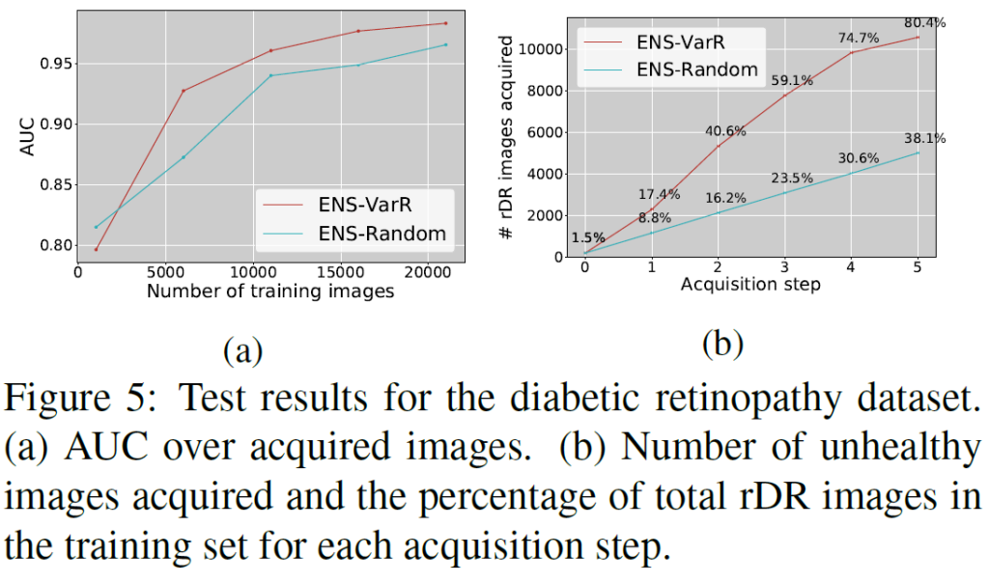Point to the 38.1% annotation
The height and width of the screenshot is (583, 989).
pyautogui.click(x=925, y=138)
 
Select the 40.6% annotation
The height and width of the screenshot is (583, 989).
pyautogui.click(x=725, y=130)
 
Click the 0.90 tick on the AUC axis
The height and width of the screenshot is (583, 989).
pyautogui.click(x=56, y=125)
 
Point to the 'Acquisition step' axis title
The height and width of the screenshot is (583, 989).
pyautogui.click(x=750, y=285)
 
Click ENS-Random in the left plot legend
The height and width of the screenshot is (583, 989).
pyautogui.click(x=381, y=233)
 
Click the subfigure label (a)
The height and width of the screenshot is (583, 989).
pyautogui.click(x=242, y=350)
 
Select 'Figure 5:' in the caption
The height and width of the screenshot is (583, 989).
pyautogui.click(x=81, y=398)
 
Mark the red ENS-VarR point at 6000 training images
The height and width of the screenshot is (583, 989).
pyautogui.click(x=184, y=91)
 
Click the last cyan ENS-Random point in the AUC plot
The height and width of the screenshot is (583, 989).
pyautogui.click(x=445, y=44)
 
